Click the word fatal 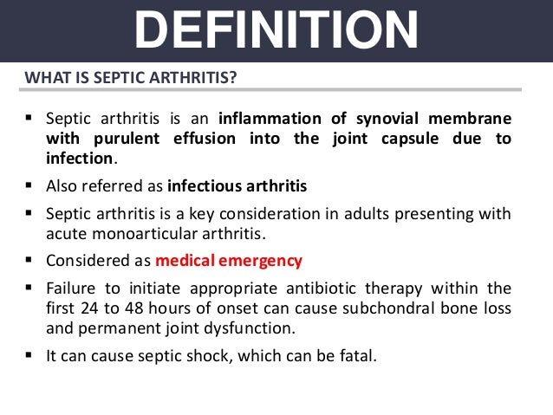tap(357, 354)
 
